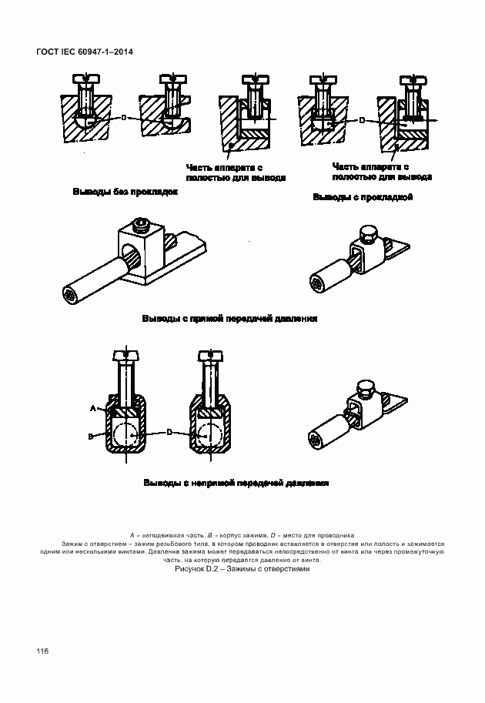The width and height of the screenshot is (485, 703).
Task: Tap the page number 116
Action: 42,651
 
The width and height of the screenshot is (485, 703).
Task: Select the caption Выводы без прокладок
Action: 125,192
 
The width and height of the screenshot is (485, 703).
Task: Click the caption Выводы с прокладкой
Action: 363,198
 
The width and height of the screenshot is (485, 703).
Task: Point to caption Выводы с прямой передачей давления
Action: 229,318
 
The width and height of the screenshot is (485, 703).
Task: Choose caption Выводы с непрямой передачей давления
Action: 236,484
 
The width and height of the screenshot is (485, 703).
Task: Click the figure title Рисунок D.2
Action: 241,569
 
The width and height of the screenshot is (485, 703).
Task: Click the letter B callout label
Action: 90,437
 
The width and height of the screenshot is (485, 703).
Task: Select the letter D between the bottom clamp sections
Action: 169,433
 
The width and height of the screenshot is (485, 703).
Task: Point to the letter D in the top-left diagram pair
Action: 123,118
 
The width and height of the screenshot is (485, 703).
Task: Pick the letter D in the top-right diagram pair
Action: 361,121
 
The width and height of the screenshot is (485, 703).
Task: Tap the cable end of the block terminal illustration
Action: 69,295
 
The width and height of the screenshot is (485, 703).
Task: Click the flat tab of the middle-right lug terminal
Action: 397,249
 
